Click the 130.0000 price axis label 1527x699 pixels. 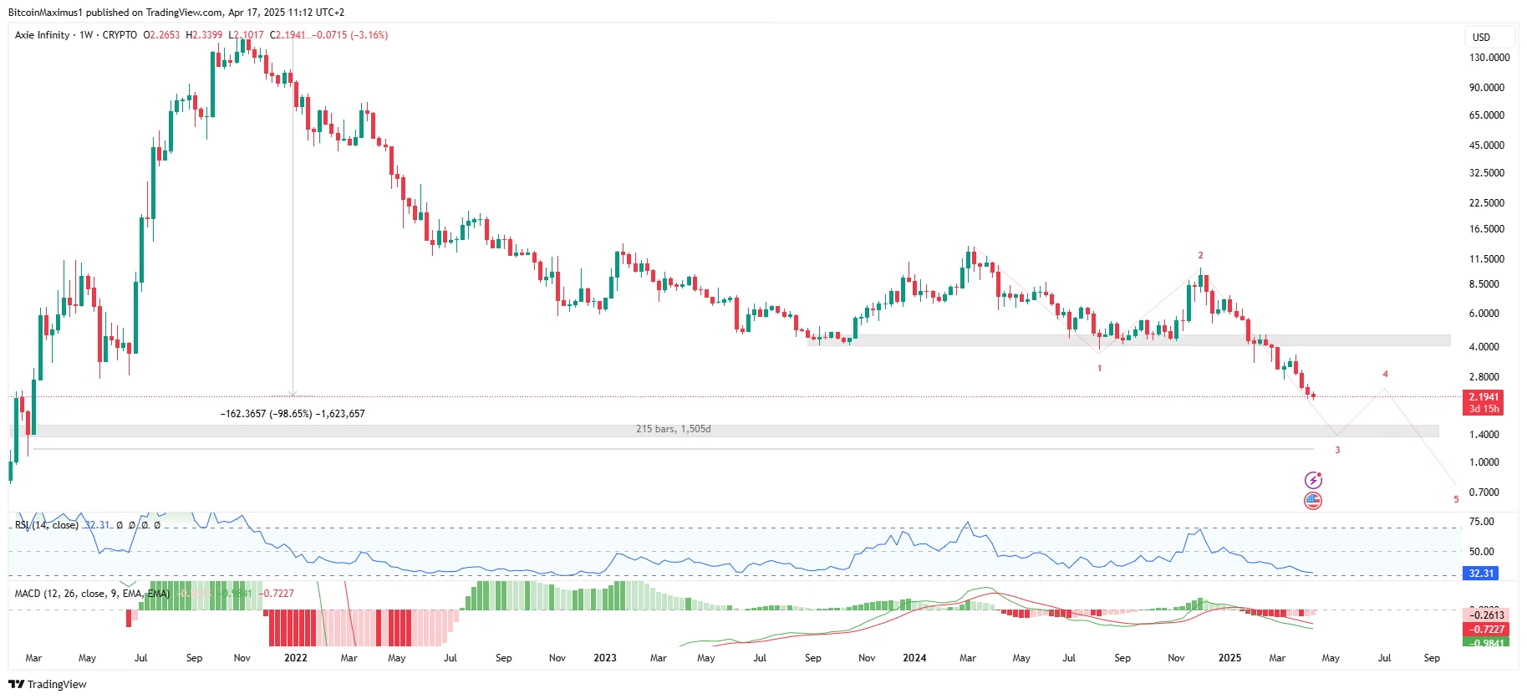(x=1489, y=58)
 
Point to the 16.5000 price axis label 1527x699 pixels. (x=1486, y=229)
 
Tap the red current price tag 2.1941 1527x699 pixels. (x=1484, y=397)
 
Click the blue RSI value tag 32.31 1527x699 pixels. (x=1480, y=574)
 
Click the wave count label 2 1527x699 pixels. (x=1200, y=256)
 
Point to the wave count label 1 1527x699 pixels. (x=1099, y=368)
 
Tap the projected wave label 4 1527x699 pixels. (x=1385, y=375)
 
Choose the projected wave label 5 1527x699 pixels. (x=1455, y=499)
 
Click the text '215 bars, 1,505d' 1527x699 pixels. (x=673, y=429)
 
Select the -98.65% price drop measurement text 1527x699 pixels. (x=292, y=414)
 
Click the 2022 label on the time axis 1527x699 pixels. (x=296, y=658)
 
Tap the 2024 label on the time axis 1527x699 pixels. (x=914, y=658)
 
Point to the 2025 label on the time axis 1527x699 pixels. (x=1229, y=658)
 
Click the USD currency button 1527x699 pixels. (x=1481, y=38)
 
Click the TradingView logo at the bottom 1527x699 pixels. (x=48, y=684)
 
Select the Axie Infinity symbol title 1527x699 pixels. (x=43, y=35)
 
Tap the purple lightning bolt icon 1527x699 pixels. (x=1313, y=480)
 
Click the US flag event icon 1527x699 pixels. (x=1313, y=501)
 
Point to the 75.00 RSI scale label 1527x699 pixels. (x=1481, y=522)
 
